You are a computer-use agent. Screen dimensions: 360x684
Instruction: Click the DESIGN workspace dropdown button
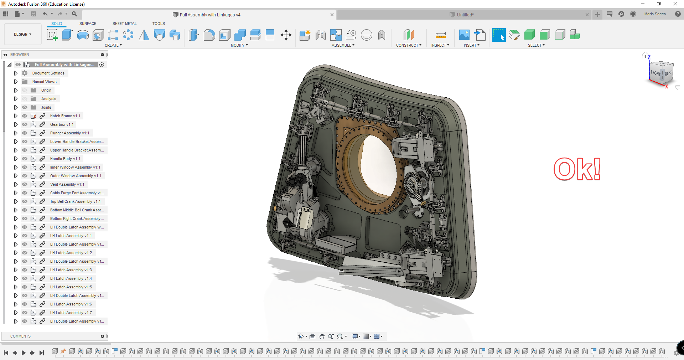click(22, 34)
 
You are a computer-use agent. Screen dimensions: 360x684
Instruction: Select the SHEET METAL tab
click(124, 24)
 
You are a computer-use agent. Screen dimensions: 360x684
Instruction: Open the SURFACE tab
click(88, 24)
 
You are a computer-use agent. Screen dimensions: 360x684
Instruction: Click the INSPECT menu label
click(440, 45)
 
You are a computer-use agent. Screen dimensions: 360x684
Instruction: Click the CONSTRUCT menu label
click(408, 45)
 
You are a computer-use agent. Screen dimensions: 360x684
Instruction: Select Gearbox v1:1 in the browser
click(62, 124)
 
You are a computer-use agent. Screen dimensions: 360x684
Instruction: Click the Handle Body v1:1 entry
click(65, 159)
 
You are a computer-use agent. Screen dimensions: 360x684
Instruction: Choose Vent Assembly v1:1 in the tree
click(67, 184)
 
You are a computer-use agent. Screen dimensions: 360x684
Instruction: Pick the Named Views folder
click(44, 82)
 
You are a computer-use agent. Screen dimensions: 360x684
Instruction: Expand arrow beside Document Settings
click(16, 73)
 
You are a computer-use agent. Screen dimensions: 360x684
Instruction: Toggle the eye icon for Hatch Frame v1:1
click(25, 116)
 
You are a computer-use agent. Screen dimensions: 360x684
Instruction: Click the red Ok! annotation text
click(577, 169)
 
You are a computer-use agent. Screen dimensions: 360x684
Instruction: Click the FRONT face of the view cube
click(655, 73)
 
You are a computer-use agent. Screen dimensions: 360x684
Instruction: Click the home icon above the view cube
click(645, 55)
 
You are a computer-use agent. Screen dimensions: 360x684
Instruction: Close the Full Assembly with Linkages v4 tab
click(332, 15)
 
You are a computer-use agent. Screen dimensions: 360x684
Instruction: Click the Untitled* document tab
click(465, 15)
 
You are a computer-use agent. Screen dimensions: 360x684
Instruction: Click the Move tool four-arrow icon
click(286, 35)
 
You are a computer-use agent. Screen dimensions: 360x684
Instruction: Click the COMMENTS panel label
click(20, 336)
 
